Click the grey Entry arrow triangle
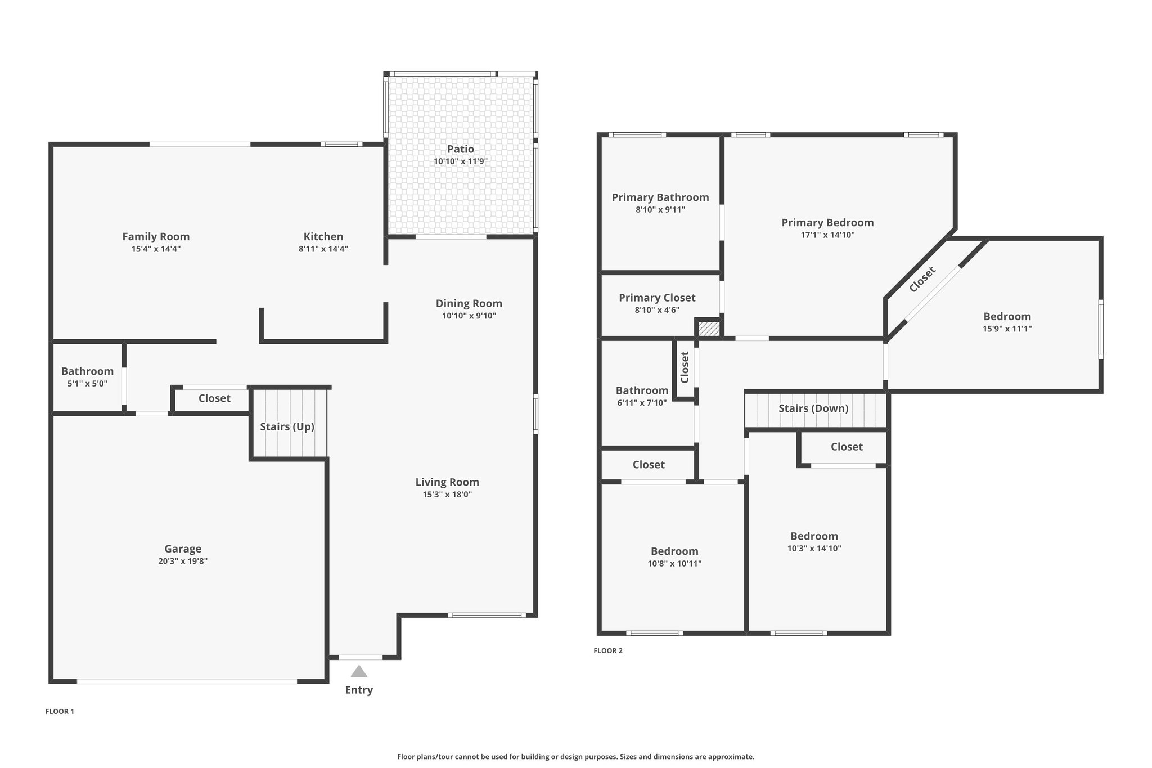point(359,671)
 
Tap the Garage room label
point(183,549)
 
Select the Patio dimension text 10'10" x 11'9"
point(461,161)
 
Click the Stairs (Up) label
point(287,426)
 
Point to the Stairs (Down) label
point(813,408)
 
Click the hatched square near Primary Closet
point(709,329)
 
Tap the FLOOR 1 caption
point(60,711)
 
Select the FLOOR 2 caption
point(608,650)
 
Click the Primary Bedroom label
point(827,223)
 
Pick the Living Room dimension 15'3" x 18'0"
point(447,495)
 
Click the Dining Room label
point(469,304)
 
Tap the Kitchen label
point(323,237)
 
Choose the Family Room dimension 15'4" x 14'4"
point(156,249)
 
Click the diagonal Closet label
point(922,280)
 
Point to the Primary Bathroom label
point(660,197)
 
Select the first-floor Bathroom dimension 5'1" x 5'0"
point(87,384)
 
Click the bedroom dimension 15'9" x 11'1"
point(1007,329)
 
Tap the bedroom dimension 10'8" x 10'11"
point(674,564)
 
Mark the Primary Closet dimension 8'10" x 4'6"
point(657,310)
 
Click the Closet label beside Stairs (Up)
point(214,398)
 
